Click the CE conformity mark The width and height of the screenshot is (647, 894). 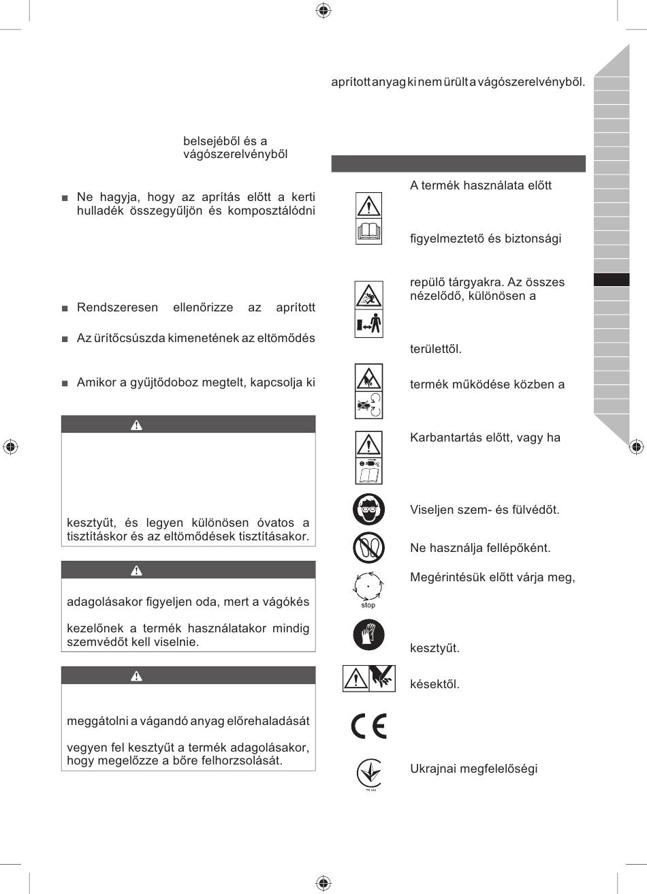pos(368,726)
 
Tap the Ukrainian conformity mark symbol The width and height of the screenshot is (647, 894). pos(368,773)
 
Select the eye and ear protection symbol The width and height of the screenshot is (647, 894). pos(368,509)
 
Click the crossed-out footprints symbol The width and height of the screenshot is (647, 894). pos(368,547)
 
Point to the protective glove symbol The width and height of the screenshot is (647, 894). pos(368,634)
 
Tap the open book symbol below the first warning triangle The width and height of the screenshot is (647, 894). pos(368,232)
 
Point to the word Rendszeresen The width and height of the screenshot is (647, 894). pos(116,307)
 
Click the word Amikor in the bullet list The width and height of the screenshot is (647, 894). pos(97,382)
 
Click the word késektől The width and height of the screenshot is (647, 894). pos(435,684)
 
